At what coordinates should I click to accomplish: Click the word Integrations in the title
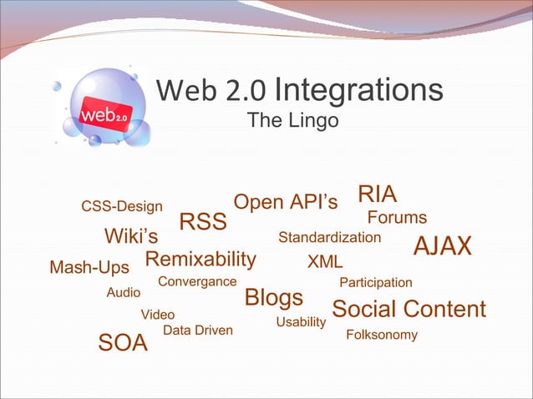point(358,90)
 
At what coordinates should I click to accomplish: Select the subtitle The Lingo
point(292,122)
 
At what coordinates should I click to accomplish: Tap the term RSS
point(204,223)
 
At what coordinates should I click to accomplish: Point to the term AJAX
point(443,246)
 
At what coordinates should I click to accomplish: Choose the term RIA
point(378,194)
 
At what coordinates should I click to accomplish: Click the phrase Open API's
point(286,203)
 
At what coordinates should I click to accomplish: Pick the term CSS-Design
point(122,206)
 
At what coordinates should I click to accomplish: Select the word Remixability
point(201,259)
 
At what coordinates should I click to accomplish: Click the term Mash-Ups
point(89,268)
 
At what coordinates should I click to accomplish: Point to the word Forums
point(398,218)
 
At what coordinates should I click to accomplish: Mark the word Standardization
point(329,238)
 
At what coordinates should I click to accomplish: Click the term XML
point(326,262)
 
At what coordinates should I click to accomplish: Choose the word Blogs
point(273,298)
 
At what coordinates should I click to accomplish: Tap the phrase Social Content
point(409,310)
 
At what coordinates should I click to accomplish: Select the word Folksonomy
point(382,336)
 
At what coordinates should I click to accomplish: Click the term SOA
point(123,343)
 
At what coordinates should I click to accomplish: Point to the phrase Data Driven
point(198,331)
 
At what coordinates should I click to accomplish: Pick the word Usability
point(300,321)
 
